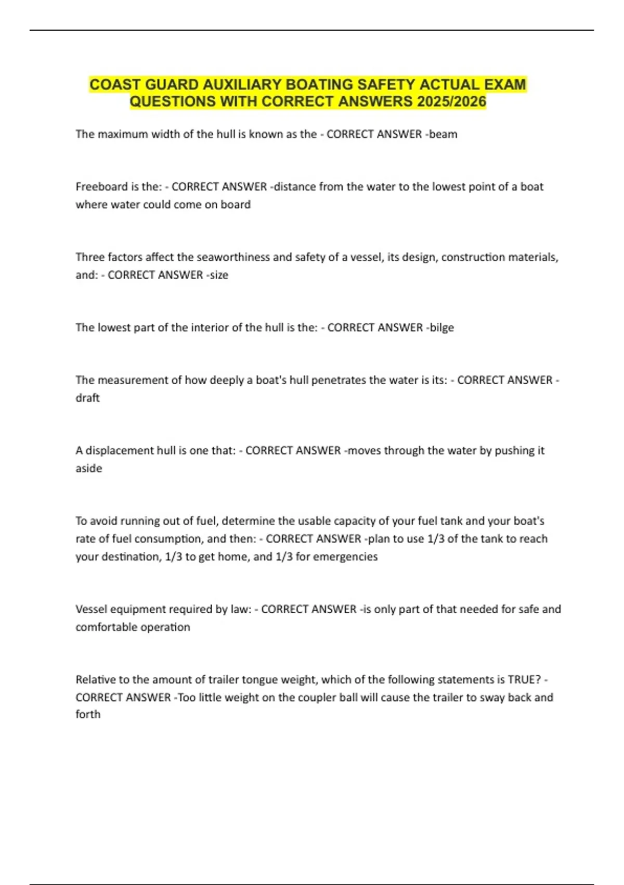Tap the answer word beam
click(x=444, y=134)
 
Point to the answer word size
click(x=219, y=275)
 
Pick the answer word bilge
click(x=441, y=327)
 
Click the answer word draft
click(x=87, y=398)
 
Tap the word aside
click(x=89, y=468)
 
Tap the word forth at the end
click(x=88, y=714)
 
